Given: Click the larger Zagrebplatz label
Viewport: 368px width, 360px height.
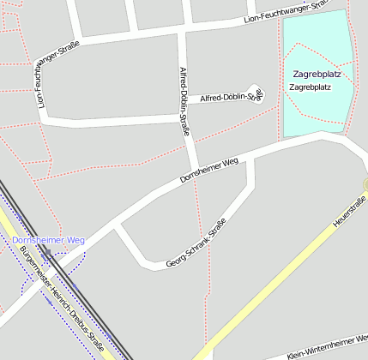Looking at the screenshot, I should [x=316, y=74].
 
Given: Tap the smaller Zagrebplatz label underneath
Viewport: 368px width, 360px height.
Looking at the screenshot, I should [x=311, y=87].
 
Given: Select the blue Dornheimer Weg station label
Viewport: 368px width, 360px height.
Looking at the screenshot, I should [x=49, y=240].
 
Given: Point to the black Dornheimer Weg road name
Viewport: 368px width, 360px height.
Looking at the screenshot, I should [x=208, y=169].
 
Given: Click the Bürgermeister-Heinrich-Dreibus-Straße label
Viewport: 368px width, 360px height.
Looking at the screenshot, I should [x=63, y=299].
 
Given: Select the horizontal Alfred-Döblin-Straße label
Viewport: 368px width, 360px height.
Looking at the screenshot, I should [x=229, y=97].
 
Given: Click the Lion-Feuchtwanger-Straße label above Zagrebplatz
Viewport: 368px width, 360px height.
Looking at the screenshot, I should [x=283, y=11].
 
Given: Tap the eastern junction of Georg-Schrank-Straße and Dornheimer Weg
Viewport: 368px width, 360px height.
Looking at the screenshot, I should [x=250, y=157].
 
